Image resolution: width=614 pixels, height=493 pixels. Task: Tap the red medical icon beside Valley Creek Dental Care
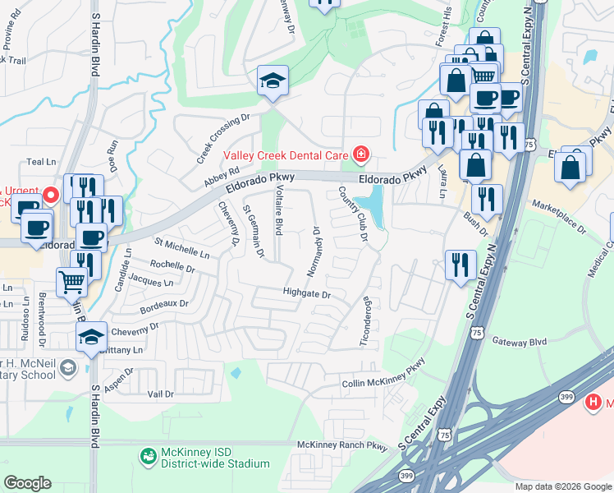click(360, 154)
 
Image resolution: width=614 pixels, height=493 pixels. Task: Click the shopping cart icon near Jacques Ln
click(72, 282)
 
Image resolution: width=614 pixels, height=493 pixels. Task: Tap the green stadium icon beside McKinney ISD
click(149, 455)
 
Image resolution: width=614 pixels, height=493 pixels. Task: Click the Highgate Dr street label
click(305, 293)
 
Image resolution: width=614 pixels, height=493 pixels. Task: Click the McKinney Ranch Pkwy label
click(341, 445)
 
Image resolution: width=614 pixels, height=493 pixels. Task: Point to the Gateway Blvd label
click(519, 341)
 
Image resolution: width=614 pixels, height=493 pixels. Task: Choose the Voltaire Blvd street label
click(279, 212)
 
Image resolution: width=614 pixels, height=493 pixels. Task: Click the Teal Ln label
click(40, 163)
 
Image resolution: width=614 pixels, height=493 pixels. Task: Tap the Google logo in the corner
click(27, 482)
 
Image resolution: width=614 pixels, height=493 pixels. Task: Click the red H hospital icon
click(593, 403)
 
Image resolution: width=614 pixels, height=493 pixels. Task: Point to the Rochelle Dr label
click(173, 267)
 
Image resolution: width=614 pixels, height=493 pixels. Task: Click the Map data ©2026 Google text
click(562, 486)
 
